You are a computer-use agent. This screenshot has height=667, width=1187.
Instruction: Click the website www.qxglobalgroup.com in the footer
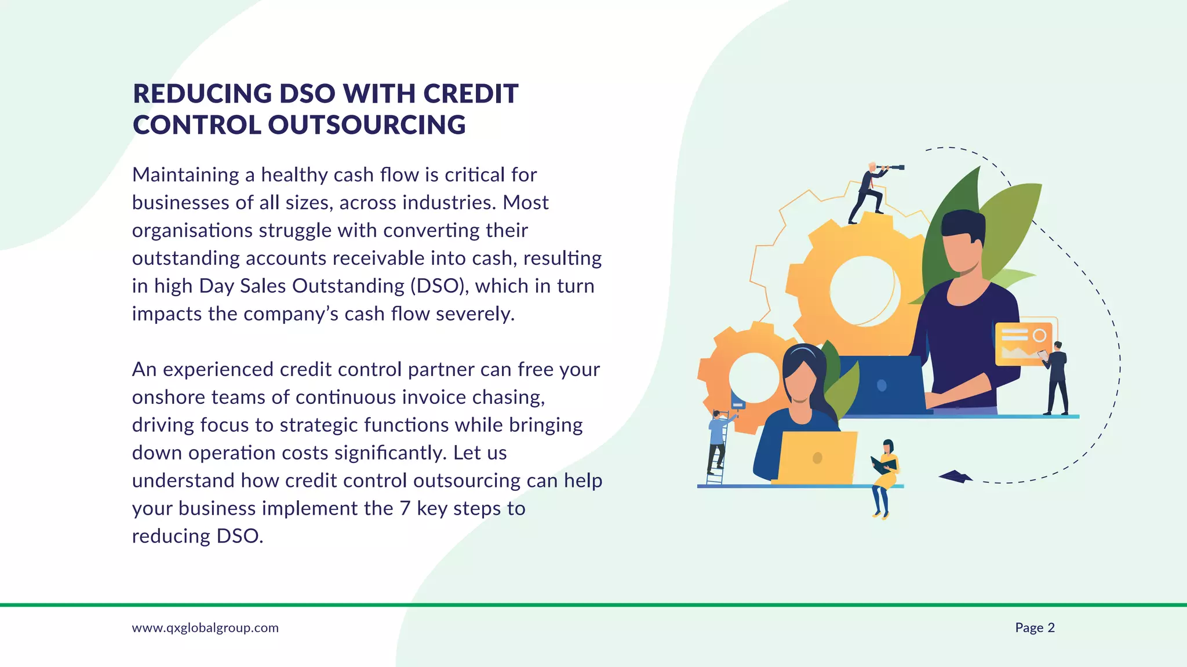(x=205, y=628)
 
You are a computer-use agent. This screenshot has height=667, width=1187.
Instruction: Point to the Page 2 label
(x=1035, y=628)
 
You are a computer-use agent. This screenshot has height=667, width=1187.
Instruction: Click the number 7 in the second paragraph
(x=405, y=509)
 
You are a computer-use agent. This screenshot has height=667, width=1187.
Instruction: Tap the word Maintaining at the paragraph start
(x=185, y=175)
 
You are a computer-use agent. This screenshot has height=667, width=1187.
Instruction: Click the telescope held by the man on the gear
(x=891, y=167)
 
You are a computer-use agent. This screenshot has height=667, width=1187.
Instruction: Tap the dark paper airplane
(x=955, y=476)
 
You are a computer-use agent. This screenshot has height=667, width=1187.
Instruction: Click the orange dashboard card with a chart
(x=1023, y=344)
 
